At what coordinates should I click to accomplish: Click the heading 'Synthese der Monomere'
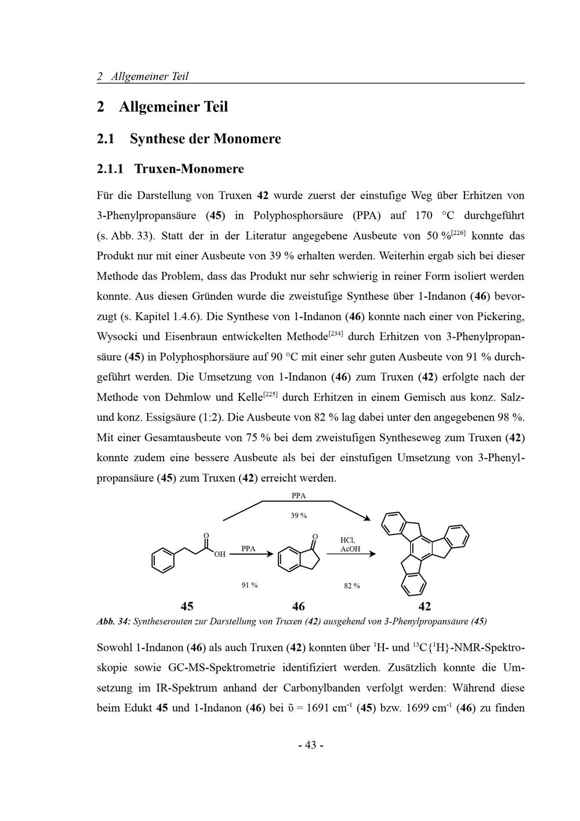tap(205, 139)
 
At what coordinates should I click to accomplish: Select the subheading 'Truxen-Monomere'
tap(188, 169)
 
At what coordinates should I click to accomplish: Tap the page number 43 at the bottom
tap(310, 745)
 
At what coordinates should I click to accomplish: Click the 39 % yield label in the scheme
tap(299, 516)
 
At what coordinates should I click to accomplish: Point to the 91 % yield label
tap(249, 585)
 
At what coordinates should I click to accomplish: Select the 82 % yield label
tap(351, 586)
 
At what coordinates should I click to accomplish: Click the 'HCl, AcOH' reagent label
tap(349, 544)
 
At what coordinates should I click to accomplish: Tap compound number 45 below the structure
tap(187, 607)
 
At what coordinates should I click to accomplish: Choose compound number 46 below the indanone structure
tap(298, 607)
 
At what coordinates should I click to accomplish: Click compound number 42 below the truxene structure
tap(425, 607)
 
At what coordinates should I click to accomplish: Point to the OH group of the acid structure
tap(219, 555)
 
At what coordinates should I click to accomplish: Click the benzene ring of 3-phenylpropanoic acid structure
tap(162, 560)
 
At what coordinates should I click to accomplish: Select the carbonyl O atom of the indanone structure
tap(315, 536)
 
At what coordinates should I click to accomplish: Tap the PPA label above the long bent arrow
tap(298, 496)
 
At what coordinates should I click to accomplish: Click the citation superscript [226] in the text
tap(458, 233)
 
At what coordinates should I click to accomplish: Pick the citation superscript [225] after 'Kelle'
tap(271, 394)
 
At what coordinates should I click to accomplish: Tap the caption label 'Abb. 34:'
tap(114, 621)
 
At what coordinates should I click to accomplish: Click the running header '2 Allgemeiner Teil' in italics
tap(143, 77)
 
